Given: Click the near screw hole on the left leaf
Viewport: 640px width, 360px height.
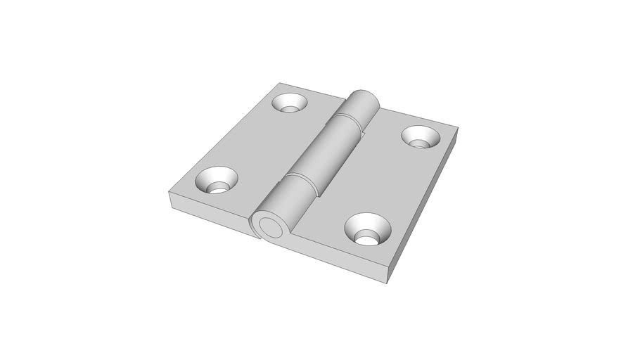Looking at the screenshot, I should tap(216, 181).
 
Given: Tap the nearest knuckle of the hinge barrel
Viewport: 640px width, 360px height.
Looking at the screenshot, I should tap(284, 204).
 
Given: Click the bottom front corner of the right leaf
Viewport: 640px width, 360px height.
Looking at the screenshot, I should tap(388, 281).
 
